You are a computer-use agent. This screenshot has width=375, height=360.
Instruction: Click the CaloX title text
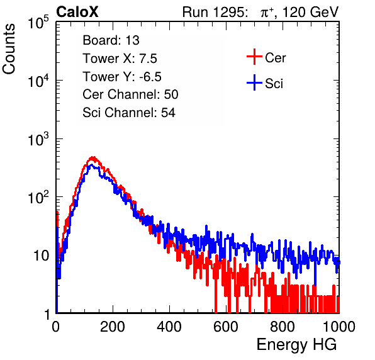[77, 12]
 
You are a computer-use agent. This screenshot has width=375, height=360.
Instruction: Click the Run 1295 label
[215, 12]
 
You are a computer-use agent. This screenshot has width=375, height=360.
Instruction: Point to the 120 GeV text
[311, 12]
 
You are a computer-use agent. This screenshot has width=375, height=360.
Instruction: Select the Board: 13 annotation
[111, 40]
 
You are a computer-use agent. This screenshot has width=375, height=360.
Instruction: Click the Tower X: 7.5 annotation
[120, 59]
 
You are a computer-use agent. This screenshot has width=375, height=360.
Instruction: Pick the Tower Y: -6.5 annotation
[122, 77]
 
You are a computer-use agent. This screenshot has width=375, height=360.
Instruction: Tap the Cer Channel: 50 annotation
[130, 94]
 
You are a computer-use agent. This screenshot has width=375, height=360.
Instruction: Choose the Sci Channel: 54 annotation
[129, 113]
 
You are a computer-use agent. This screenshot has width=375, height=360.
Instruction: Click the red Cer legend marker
[254, 57]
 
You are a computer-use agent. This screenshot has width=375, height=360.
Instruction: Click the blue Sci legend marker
[254, 83]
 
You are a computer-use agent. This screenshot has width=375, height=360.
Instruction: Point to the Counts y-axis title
[9, 49]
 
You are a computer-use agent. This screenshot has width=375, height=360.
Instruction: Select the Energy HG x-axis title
[296, 345]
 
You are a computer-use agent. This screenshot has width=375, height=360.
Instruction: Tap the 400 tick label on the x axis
[169, 327]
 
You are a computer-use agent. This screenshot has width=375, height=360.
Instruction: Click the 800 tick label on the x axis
[283, 327]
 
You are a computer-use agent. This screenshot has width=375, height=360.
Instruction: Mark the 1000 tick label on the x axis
[339, 327]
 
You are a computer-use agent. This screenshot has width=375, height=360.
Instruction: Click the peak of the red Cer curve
[92, 157]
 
